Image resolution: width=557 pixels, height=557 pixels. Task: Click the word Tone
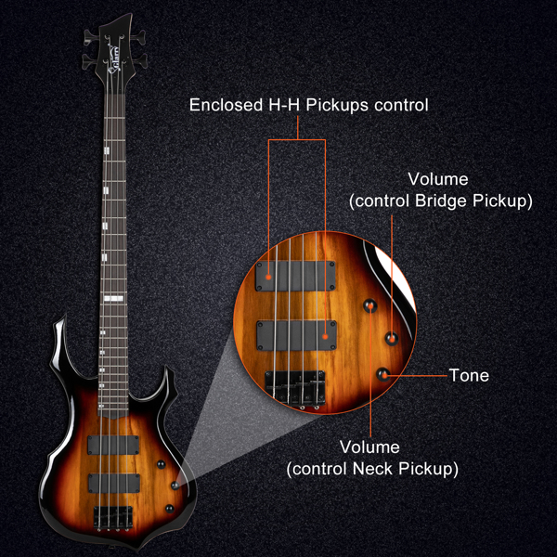tap(469, 375)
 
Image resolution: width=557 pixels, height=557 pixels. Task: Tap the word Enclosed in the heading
tap(226, 105)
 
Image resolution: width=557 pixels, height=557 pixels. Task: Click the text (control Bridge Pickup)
tap(441, 201)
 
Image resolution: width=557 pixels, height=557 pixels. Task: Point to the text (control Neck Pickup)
tap(372, 469)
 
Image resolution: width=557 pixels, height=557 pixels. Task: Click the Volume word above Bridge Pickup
tap(438, 179)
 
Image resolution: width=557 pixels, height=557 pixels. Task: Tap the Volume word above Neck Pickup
tap(369, 447)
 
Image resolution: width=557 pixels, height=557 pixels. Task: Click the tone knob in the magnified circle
tap(382, 375)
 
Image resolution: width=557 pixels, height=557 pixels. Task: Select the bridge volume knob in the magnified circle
tap(392, 338)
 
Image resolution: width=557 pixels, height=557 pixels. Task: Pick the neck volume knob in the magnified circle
tap(369, 305)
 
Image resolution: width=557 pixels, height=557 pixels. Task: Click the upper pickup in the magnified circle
tap(295, 276)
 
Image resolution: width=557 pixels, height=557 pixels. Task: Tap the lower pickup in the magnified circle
tap(297, 335)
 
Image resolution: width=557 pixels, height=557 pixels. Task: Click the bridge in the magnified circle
tap(295, 388)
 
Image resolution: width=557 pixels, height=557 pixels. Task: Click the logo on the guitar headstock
tap(113, 59)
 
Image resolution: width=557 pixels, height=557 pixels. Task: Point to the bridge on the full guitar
tap(113, 517)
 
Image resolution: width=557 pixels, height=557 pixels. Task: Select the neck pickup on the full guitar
tap(113, 445)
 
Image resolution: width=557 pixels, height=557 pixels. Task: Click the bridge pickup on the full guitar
tap(114, 483)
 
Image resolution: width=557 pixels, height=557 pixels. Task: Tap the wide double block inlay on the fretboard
tap(113, 298)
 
